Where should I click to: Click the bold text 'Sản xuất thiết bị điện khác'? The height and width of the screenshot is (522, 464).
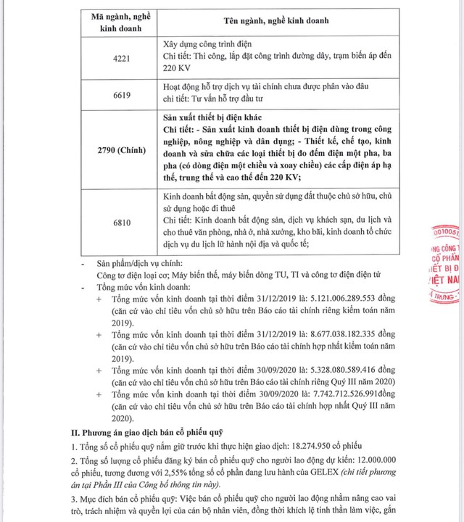210,117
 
